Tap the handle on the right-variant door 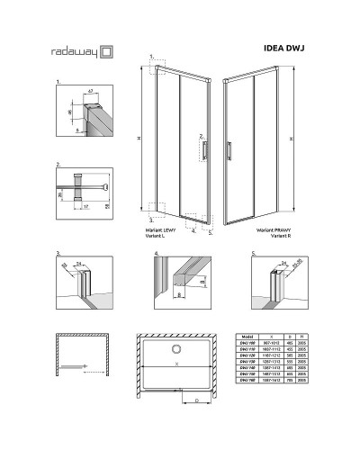pyautogui.click(x=229, y=149)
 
